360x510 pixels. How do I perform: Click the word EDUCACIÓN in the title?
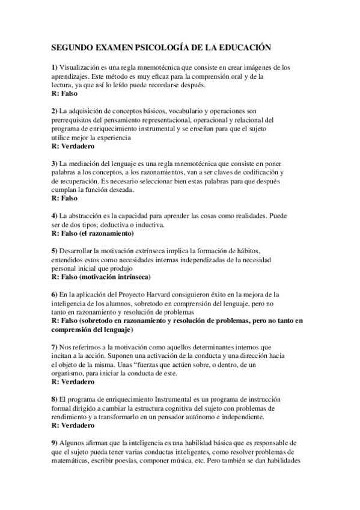pos(240,46)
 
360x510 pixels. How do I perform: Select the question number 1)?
pos(54,67)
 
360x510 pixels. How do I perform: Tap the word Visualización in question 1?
pos(80,67)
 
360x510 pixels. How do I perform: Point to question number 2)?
pos(54,111)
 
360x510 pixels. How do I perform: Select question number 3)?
pos(54,164)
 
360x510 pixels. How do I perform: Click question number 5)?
pos(54,250)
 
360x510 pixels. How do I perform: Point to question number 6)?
pos(54,294)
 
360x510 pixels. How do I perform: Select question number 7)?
pos(54,347)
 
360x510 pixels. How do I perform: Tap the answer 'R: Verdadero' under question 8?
pos(73,426)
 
